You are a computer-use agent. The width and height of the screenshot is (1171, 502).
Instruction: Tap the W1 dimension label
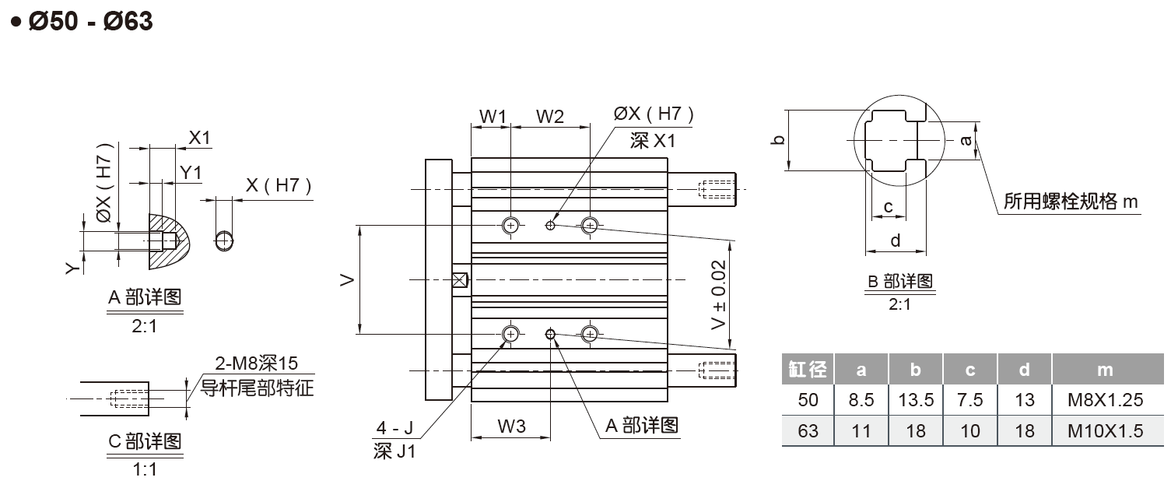click(x=493, y=116)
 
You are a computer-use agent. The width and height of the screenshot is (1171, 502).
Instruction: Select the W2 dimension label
click(x=550, y=116)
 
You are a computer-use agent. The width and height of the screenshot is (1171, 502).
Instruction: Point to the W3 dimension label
click(x=511, y=427)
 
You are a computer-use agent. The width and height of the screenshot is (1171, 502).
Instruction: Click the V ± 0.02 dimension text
click(x=719, y=294)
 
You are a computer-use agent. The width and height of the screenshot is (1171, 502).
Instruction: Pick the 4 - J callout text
click(x=394, y=428)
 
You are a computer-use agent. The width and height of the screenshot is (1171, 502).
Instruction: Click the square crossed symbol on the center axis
click(x=460, y=279)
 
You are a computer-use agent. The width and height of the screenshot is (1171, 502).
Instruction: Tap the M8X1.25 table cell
click(x=1105, y=400)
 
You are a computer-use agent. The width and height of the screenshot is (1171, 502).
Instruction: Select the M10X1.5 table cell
click(x=1105, y=431)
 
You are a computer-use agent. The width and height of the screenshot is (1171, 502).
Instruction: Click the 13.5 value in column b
click(x=916, y=400)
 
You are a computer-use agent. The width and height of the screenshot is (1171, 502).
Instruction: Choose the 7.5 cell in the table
click(x=970, y=400)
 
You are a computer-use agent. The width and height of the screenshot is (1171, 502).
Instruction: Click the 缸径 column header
click(x=808, y=369)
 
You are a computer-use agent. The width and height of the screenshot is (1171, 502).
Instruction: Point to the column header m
click(x=1105, y=370)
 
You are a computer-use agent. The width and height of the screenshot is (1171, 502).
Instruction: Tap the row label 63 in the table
click(x=808, y=431)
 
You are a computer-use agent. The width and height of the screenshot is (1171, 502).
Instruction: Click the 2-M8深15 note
click(x=256, y=363)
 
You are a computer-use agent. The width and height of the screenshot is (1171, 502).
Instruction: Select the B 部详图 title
click(x=899, y=281)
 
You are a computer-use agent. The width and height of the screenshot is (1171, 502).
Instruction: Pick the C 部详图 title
click(x=145, y=441)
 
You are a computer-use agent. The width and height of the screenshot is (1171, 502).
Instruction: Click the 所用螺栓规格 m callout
click(x=1071, y=202)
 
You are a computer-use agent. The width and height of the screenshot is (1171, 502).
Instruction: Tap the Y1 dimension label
click(x=191, y=173)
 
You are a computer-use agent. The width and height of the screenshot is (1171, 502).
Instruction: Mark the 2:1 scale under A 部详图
click(x=144, y=326)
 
